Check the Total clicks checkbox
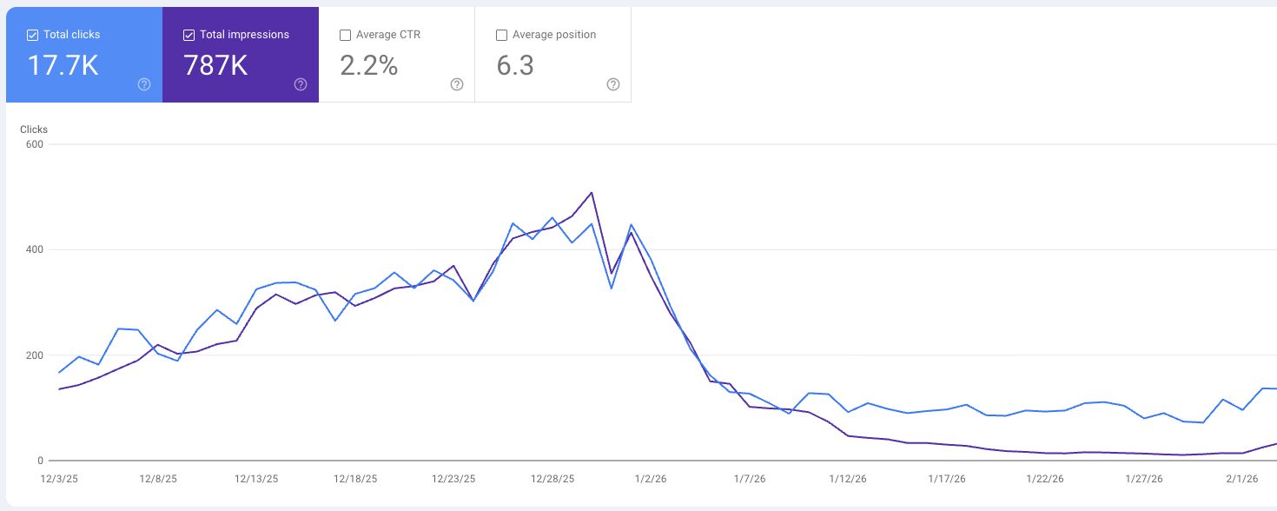pos(32,35)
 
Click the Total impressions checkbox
pos(189,35)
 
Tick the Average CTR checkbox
pos(345,35)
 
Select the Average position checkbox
pos(501,35)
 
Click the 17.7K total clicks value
pos(63,65)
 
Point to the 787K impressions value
pos(215,65)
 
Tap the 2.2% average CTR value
pos(369,65)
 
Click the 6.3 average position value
pos(515,65)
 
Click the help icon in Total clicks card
pos(144,84)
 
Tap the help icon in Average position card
pos(613,84)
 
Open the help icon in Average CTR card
pos(457,84)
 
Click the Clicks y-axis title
pos(34,129)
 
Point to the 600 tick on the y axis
pos(35,144)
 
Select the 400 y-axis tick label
pos(35,250)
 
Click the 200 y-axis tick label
pos(35,355)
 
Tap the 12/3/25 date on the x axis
pos(59,479)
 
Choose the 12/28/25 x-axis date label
pos(552,479)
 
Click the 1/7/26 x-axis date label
pos(750,479)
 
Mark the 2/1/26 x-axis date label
pos(1243,479)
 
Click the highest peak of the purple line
pos(592,193)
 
